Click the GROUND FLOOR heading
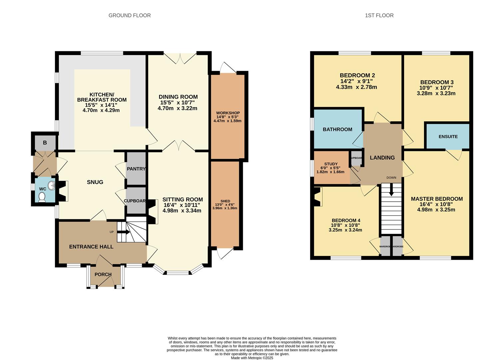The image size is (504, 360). (130, 15)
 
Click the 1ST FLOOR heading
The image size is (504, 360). (379, 15)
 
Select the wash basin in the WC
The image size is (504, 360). (51, 185)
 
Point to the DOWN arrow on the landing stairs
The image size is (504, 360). (391, 191)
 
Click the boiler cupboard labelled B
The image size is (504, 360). (45, 143)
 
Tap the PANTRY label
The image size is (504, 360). (136, 169)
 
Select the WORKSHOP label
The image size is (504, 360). (228, 113)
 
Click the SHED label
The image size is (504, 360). (225, 201)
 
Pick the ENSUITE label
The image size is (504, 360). (448, 136)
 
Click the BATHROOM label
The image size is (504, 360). (337, 129)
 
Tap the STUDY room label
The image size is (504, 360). (331, 164)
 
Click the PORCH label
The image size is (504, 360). (103, 274)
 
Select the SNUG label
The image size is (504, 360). (95, 182)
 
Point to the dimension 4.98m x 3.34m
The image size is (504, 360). (182, 210)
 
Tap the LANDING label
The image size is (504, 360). (382, 158)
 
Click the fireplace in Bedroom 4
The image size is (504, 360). (318, 197)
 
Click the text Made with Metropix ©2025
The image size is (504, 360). (252, 358)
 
